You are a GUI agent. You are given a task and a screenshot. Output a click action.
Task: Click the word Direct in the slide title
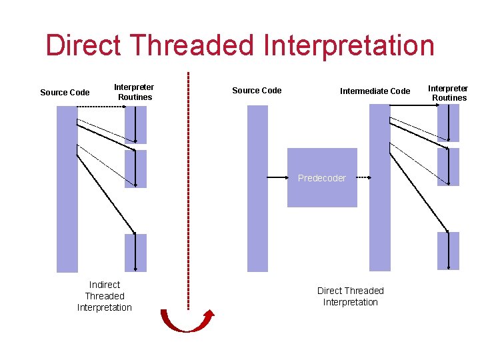pyautogui.click(x=83, y=45)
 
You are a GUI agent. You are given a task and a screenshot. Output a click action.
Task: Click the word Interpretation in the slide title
pyautogui.click(x=349, y=45)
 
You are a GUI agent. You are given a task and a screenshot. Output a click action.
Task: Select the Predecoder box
pyautogui.click(x=321, y=178)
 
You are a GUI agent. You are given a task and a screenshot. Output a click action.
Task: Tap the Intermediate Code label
pyautogui.click(x=375, y=91)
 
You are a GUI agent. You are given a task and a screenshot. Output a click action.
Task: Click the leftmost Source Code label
pyautogui.click(x=65, y=93)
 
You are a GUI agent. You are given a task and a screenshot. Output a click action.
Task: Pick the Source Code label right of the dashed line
pyautogui.click(x=257, y=91)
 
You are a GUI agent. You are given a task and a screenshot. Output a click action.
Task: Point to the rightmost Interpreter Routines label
pyautogui.click(x=448, y=93)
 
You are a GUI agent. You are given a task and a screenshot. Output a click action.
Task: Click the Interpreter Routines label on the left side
pyautogui.click(x=134, y=92)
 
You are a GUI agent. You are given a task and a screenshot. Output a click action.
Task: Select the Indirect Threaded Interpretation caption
pyautogui.click(x=105, y=296)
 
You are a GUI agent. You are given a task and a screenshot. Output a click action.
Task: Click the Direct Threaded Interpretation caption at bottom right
pyautogui.click(x=350, y=296)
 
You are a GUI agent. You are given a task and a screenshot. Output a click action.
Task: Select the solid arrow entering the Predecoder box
pyautogui.click(x=277, y=178)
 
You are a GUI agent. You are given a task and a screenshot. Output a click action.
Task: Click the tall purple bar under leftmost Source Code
pyautogui.click(x=67, y=189)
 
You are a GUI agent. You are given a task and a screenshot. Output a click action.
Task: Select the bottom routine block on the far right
pyautogui.click(x=448, y=251)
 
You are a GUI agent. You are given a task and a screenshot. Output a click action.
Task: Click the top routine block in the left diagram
pyautogui.click(x=135, y=125)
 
